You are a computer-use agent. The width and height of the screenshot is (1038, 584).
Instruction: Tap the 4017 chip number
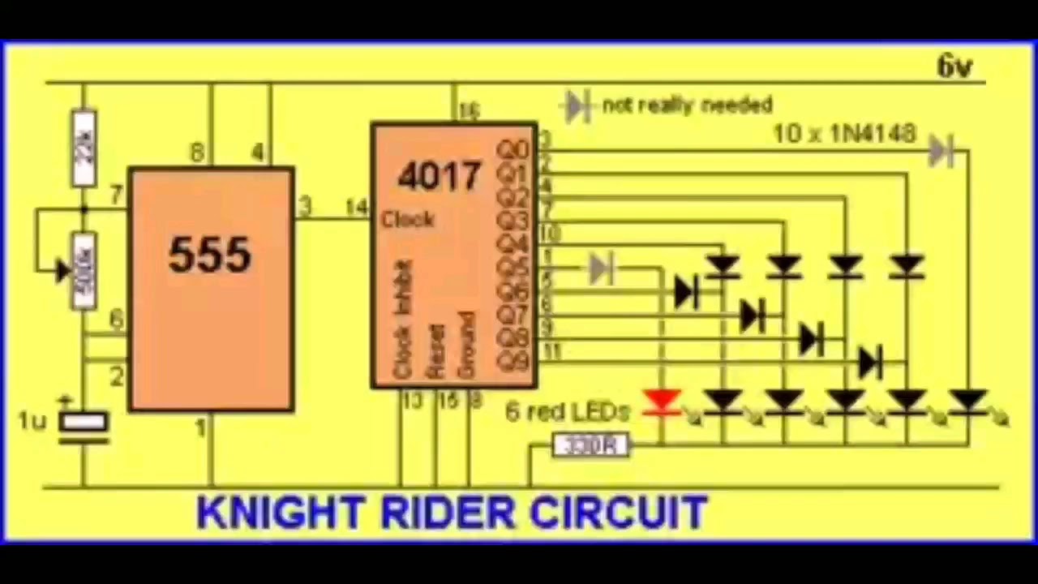pos(440,175)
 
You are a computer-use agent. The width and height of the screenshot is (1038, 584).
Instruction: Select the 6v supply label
pos(954,67)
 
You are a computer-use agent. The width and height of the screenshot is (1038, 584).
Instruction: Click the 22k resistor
pos(84,147)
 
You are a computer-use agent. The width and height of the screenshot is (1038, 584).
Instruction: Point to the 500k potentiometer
pos(84,270)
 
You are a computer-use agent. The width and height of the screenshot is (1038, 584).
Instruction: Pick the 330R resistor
pos(590,445)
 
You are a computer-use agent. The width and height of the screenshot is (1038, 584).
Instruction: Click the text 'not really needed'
pos(688,105)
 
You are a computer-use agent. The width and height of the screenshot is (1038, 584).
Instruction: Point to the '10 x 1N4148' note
pos(844,133)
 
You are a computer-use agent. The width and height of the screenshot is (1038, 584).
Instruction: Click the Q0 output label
pos(513,148)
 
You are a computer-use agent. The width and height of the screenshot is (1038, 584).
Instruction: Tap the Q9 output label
pos(513,361)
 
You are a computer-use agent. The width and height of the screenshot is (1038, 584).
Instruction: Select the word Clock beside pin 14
pos(408,220)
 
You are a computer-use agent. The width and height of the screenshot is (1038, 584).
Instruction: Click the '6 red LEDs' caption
pos(567,412)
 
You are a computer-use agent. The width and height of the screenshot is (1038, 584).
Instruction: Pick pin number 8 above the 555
pos(196,152)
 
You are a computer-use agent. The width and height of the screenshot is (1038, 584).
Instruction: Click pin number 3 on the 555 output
pos(304,206)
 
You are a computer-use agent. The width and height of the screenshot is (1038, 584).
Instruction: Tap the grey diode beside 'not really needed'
pos(577,105)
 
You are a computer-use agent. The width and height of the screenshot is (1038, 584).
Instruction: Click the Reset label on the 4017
pos(435,350)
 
